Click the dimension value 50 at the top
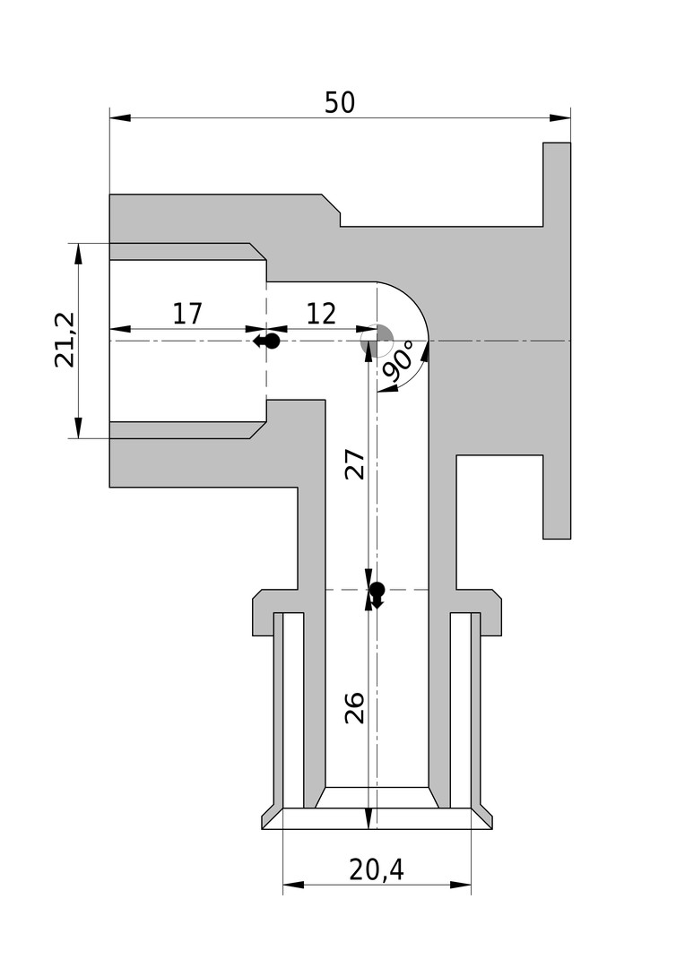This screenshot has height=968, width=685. (340, 102)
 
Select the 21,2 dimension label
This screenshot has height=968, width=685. (65, 341)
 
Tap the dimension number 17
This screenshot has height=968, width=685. (187, 314)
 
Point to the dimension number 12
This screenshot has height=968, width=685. (321, 314)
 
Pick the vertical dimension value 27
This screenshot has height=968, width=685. (354, 465)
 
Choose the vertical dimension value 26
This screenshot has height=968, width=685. (354, 708)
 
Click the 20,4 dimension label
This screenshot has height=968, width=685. (377, 869)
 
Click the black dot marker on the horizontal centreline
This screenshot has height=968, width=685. (273, 341)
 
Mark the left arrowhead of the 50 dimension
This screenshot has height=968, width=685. (120, 117)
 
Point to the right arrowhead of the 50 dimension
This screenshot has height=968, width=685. (559, 117)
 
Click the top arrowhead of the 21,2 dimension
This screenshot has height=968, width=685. (78, 254)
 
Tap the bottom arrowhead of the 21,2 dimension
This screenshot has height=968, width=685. (78, 428)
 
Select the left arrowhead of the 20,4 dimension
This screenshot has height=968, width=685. (294, 885)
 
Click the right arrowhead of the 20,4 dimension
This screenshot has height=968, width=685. (460, 885)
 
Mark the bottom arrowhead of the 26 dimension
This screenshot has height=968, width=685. (369, 818)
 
